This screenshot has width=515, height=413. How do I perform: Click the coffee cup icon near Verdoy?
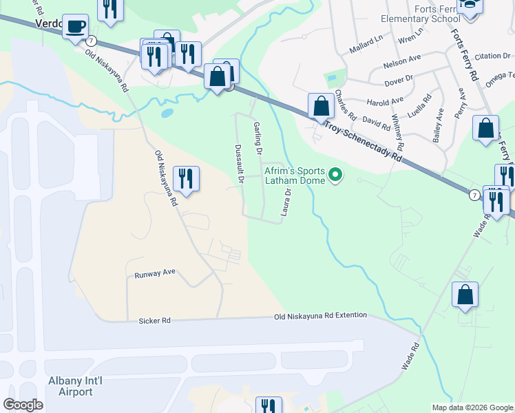point(76,28)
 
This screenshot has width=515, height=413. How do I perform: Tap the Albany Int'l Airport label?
point(71,386)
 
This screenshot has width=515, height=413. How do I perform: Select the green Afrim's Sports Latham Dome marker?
point(336,175)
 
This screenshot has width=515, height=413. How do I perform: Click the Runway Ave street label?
point(156,273)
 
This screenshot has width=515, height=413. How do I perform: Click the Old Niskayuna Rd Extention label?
point(320,315)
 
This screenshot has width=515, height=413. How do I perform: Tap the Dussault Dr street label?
point(240,163)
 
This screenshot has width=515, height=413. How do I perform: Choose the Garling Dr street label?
point(258,138)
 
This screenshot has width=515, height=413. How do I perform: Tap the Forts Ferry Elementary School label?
point(428,13)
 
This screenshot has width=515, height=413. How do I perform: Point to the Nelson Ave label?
point(401,61)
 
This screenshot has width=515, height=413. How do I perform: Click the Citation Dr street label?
point(490,56)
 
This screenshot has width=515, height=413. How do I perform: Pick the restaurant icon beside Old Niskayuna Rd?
point(186,179)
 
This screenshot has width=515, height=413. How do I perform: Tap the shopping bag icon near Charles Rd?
point(320,106)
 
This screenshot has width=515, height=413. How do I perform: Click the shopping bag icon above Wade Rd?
point(465,294)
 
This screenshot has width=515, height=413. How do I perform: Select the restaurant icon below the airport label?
point(269,406)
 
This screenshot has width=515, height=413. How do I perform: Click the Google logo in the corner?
point(23,405)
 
